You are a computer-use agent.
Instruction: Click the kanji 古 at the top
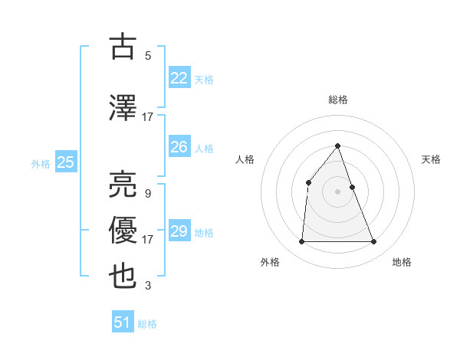[123, 47]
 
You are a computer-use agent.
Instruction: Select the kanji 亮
[123, 184]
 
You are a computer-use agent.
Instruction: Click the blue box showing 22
[179, 78]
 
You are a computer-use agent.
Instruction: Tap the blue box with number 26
[179, 147]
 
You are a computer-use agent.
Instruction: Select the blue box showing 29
[179, 231]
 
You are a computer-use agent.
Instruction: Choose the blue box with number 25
[65, 162]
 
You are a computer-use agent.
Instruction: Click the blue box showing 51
[123, 322]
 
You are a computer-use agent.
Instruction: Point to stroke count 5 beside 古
[148, 56]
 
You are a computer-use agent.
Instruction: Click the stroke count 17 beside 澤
[148, 117]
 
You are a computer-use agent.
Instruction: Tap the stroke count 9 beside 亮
[148, 193]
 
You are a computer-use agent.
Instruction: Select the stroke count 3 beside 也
[148, 286]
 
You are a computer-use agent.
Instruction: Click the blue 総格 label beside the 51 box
[147, 324]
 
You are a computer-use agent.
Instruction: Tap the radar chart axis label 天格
[432, 159]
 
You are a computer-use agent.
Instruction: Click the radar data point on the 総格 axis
[337, 146]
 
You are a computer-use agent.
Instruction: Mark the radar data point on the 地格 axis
[373, 242]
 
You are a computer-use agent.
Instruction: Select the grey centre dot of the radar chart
[337, 191]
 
